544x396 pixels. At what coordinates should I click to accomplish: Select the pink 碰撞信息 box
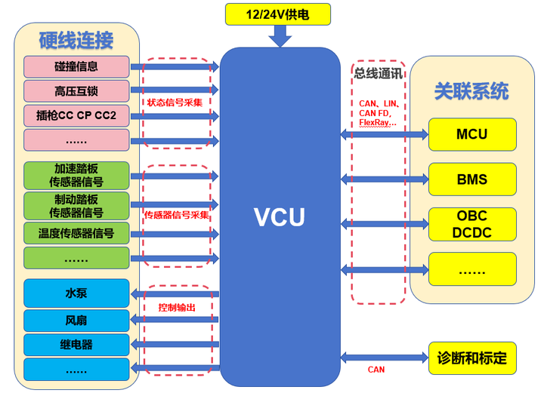point(76,66)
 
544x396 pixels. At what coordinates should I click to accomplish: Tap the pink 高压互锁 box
point(76,91)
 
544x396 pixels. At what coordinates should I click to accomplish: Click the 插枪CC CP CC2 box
point(76,116)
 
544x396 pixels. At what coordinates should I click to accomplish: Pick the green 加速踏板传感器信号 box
point(76,175)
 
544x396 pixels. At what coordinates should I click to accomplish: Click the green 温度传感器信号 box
point(76,233)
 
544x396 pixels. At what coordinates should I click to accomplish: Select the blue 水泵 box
point(76,293)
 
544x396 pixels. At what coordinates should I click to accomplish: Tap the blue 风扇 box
point(76,320)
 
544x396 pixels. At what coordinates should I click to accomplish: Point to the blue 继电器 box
point(76,345)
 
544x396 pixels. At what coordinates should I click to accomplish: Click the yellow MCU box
point(472,134)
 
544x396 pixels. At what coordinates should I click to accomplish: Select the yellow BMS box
point(472,180)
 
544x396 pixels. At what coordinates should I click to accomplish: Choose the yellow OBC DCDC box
point(472,224)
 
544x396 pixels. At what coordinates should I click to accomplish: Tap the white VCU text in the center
point(279,217)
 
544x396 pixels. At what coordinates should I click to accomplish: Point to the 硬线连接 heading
point(76,38)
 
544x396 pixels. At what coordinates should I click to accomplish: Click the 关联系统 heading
point(471,91)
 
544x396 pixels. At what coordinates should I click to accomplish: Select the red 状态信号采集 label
point(175,102)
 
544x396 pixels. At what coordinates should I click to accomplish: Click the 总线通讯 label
point(378,73)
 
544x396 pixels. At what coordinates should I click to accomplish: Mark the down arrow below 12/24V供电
point(280,35)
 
